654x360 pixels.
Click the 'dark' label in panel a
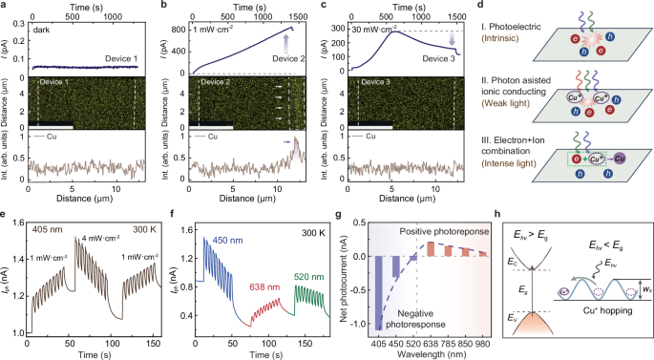44,29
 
